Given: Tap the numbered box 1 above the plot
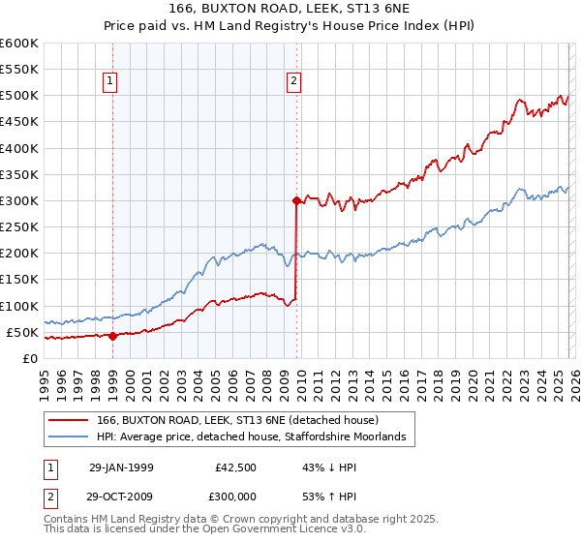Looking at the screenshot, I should click(x=112, y=82).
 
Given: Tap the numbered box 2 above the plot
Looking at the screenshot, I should click(x=292, y=82).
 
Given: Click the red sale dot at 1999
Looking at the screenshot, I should click(x=112, y=337).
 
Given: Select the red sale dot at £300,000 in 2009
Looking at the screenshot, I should click(x=296, y=201).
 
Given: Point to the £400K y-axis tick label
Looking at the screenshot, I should click(x=19, y=148).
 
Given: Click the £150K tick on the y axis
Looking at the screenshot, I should click(x=19, y=280).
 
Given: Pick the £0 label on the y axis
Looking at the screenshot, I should click(x=31, y=358).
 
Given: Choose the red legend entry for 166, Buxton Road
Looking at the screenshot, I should click(x=244, y=420).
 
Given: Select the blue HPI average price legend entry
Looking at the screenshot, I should click(x=257, y=438).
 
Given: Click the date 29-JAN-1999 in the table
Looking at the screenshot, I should click(x=121, y=467).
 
